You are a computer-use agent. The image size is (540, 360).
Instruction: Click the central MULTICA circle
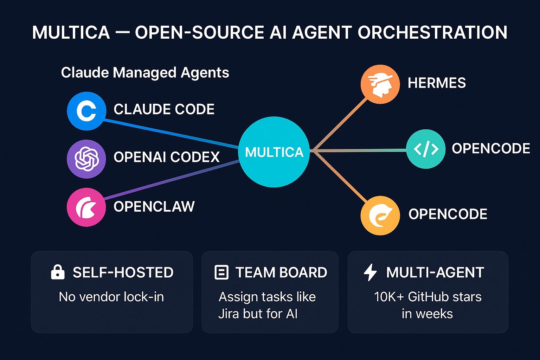pos(274,152)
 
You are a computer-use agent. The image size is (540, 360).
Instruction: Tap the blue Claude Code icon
pos(86,111)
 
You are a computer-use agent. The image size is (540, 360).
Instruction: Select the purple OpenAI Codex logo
pos(86,159)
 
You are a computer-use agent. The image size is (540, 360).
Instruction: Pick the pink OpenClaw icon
pos(86,207)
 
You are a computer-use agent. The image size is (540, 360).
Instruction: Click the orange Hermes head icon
pos(380,84)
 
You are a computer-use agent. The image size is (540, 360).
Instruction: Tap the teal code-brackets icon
pos(426,149)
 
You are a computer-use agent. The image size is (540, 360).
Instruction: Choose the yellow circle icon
pos(380,215)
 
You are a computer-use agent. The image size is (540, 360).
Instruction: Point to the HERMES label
pos(437,83)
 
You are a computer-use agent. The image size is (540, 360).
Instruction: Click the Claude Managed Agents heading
pos(145,73)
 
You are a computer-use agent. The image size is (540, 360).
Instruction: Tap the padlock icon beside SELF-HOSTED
pos(58,272)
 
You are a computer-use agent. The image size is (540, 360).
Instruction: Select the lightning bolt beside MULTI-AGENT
pos(370,272)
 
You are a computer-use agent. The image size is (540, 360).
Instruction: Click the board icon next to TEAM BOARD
pos(221,272)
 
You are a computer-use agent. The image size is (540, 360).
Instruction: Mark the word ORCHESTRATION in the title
pos(432,33)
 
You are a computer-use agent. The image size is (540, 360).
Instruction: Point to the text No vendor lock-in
pos(111,297)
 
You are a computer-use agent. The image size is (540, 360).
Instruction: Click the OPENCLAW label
pos(154,207)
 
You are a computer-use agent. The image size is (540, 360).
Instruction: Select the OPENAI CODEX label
pos(166,157)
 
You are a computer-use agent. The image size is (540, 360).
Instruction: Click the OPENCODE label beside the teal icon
pos(491,149)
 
